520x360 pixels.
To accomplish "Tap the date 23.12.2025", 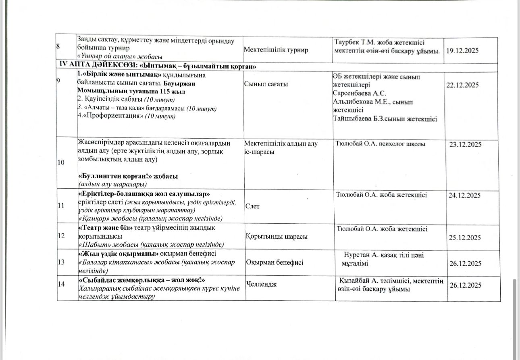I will coord(465,145).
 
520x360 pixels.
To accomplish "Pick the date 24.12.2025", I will coord(464,196).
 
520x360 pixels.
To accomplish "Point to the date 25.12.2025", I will coord(465,238).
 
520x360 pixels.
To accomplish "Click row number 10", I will coord(61,162).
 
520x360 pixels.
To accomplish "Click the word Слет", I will coord(252,206).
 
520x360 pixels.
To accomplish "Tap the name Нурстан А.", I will coord(361,255).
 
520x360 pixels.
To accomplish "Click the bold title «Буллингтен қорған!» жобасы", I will coord(128,177).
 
